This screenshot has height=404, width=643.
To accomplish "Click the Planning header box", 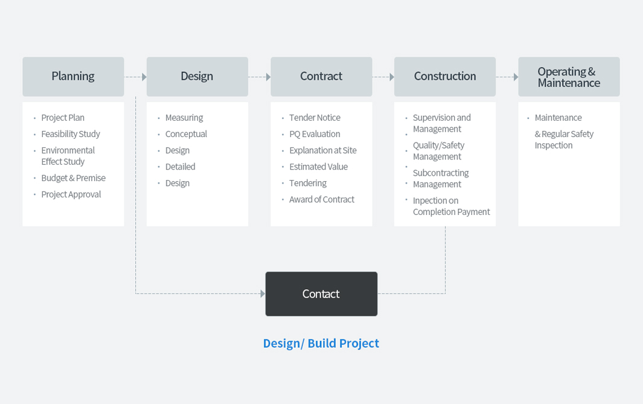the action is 74,77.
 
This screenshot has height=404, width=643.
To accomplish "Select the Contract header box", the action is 321,77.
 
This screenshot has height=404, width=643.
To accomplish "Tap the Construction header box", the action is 445,77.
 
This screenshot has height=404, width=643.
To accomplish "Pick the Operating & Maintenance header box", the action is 569,77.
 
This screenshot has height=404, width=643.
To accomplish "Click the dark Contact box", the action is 321,293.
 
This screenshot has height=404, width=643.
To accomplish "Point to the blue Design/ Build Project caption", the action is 321,343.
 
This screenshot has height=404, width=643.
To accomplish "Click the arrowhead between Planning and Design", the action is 144,77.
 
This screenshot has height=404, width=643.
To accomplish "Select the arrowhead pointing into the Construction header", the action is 392,77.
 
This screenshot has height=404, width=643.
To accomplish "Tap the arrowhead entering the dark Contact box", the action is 263,293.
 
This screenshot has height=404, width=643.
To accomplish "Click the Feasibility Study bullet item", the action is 71,134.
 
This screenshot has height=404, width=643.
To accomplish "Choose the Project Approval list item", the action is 71,194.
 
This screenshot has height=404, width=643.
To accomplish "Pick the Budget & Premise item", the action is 74,178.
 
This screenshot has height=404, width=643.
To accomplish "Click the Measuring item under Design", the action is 184,118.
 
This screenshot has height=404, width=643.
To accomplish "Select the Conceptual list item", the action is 186,134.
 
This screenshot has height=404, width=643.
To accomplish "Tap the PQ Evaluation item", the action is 315,134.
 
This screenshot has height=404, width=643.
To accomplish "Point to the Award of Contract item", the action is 322,199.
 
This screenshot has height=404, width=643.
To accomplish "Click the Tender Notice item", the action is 315,118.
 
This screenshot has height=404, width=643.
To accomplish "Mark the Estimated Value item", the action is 319,167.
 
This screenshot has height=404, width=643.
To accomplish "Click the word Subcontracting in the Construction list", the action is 441,173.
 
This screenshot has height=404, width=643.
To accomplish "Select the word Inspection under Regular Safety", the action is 554,145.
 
